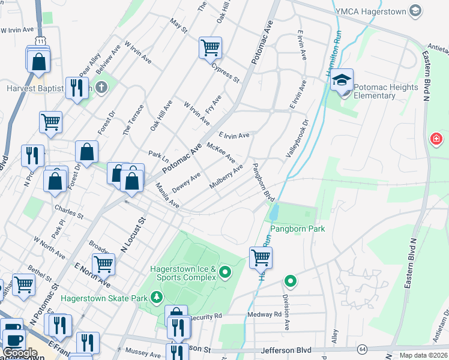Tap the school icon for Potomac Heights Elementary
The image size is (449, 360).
pyautogui.click(x=342, y=80)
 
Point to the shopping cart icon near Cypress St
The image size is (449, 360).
pyautogui.click(x=210, y=47)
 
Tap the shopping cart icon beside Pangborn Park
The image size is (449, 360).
pyautogui.click(x=261, y=257)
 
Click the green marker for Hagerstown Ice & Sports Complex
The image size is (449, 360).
pyautogui.click(x=226, y=274)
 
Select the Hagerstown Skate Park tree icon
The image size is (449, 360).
pyautogui.click(x=157, y=296)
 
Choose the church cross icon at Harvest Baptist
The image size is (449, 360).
pyautogui.click(x=101, y=88)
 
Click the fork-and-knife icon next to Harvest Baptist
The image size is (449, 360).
pyautogui.click(x=76, y=89)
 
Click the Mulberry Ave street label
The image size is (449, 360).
pyautogui.click(x=226, y=178)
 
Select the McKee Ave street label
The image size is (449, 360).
pyautogui.click(x=220, y=152)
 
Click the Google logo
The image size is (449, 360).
pyautogui.click(x=20, y=353)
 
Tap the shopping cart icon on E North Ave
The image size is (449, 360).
pyautogui.click(x=103, y=264)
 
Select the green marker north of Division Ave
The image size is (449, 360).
pyautogui.click(x=291, y=281)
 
